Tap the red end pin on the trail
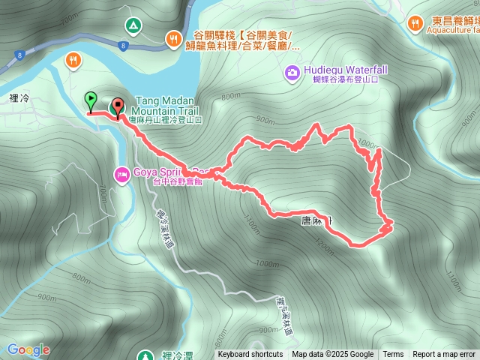(x=118, y=106)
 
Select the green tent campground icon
(x=133, y=25)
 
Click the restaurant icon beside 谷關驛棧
(x=173, y=37)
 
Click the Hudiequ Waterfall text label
(x=346, y=70)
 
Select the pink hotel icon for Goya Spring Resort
(x=121, y=175)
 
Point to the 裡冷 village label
(x=20, y=76)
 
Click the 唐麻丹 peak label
(x=315, y=220)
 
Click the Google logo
(x=28, y=349)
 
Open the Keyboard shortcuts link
(x=250, y=355)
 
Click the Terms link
(x=393, y=355)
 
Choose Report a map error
(x=444, y=355)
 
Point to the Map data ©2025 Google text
(x=332, y=355)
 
